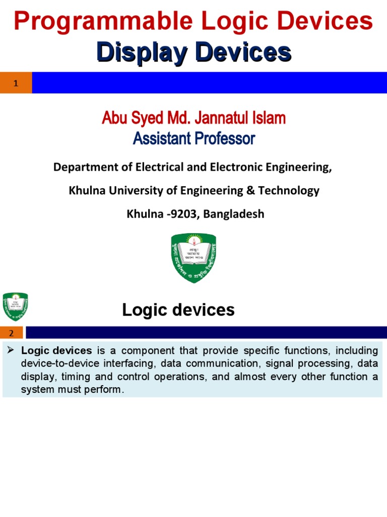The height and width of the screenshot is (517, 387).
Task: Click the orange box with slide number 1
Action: tap(16, 83)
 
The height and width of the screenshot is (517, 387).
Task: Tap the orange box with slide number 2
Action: tap(12, 332)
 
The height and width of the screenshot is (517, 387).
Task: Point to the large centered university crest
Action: tap(193, 257)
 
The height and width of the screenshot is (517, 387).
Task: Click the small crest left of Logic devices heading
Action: tap(15, 306)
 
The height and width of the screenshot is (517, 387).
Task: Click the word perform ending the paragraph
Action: tap(105, 390)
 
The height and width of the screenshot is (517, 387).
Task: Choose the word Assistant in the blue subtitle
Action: tap(158, 138)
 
